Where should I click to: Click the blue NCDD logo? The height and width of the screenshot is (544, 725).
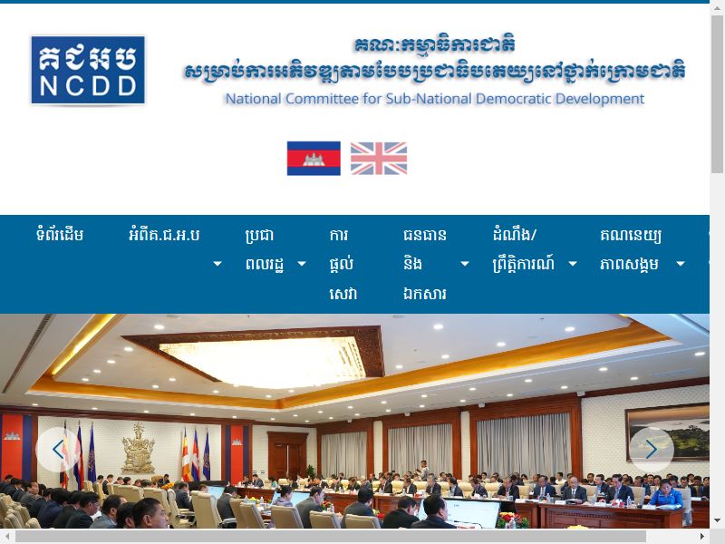point(88,70)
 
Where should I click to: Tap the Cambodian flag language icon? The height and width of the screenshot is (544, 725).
point(314,158)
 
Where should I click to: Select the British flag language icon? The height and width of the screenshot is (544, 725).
point(379,158)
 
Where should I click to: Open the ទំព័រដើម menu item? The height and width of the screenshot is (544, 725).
point(60,235)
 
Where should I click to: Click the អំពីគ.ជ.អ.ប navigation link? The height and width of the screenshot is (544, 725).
point(164,235)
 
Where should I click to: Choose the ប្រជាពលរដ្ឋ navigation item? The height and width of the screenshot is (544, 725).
point(263,249)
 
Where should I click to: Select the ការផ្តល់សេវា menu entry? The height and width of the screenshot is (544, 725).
point(343,264)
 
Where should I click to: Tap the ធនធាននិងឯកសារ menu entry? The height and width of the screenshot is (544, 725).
point(424,264)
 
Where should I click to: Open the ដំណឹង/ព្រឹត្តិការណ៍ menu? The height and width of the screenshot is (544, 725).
point(523,249)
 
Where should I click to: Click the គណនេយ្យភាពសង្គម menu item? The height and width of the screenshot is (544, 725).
point(630,249)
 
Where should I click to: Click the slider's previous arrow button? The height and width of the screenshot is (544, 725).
point(58,449)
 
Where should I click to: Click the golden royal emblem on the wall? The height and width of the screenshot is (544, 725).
point(138,448)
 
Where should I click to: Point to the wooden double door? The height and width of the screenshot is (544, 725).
point(287,455)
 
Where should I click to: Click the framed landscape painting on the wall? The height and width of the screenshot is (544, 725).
point(667,432)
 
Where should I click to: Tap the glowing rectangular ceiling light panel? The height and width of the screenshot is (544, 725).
point(262,361)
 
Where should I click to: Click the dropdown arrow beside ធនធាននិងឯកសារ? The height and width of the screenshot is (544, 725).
point(465,264)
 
